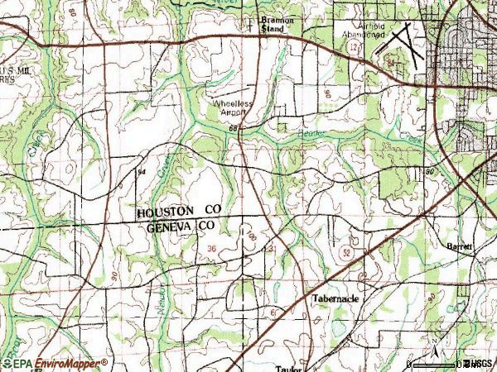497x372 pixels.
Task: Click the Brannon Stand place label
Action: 272,25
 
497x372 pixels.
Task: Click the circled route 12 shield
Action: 354,50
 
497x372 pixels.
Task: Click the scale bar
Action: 435,363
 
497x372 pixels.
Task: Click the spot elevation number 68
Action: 234,128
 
